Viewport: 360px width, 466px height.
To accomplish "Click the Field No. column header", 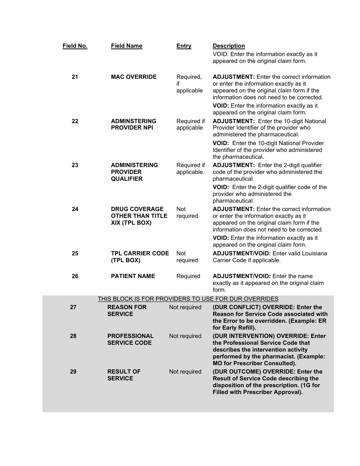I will tap(75, 46).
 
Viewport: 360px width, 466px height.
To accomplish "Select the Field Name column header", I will tap(127, 46).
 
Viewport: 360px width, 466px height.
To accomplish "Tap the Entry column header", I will tap(184, 46).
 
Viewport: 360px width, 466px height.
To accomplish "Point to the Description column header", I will tap(229, 46).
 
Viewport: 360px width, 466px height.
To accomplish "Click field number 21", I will tap(75, 77).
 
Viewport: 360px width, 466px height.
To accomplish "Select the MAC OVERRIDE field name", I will tap(133, 77).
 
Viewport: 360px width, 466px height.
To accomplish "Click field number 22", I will tap(75, 121).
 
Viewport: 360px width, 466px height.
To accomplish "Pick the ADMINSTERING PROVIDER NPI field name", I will tap(133, 124).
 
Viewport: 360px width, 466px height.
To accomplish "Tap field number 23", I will tap(75, 165).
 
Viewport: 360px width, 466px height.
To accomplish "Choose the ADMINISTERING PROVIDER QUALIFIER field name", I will tap(134, 172).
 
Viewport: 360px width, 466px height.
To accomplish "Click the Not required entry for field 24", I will tap(187, 213).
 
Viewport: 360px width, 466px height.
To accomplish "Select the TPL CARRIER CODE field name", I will tap(140, 257).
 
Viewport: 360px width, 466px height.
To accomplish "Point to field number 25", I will tap(75, 253).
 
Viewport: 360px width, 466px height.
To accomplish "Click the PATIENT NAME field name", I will tap(133, 276).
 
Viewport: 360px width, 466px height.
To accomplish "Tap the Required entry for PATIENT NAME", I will tap(188, 276).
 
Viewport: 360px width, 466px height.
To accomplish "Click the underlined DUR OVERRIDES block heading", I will tap(188, 299).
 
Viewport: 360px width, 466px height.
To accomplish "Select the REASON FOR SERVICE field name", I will tap(127, 311).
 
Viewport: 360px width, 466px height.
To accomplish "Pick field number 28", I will tap(73, 336).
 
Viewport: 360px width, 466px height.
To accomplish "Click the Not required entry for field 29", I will tap(185, 372).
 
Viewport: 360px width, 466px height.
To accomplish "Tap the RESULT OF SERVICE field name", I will tap(124, 375).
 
